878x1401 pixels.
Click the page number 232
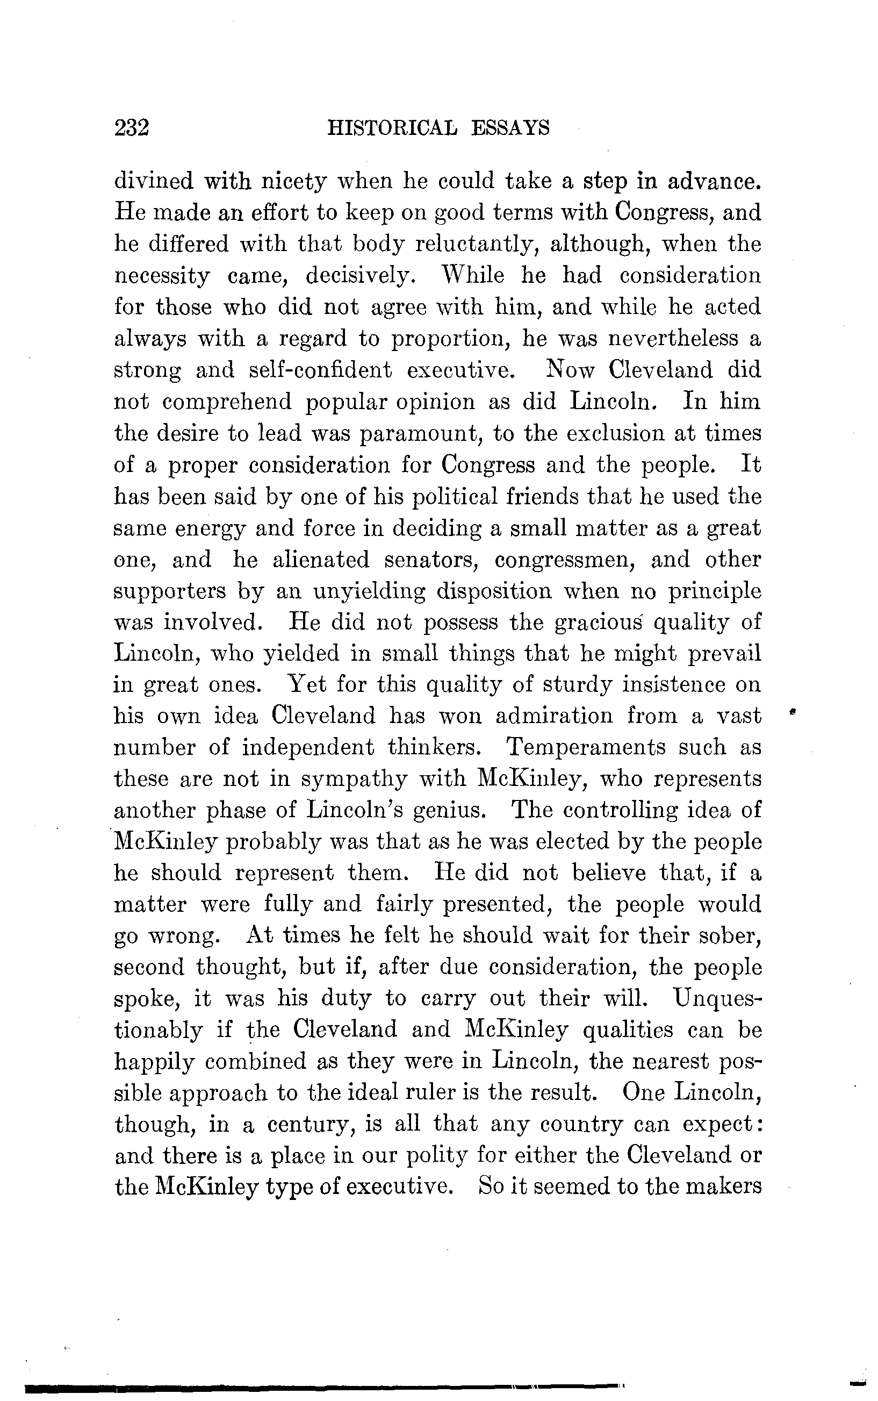point(132,128)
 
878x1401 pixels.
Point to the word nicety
point(294,182)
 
